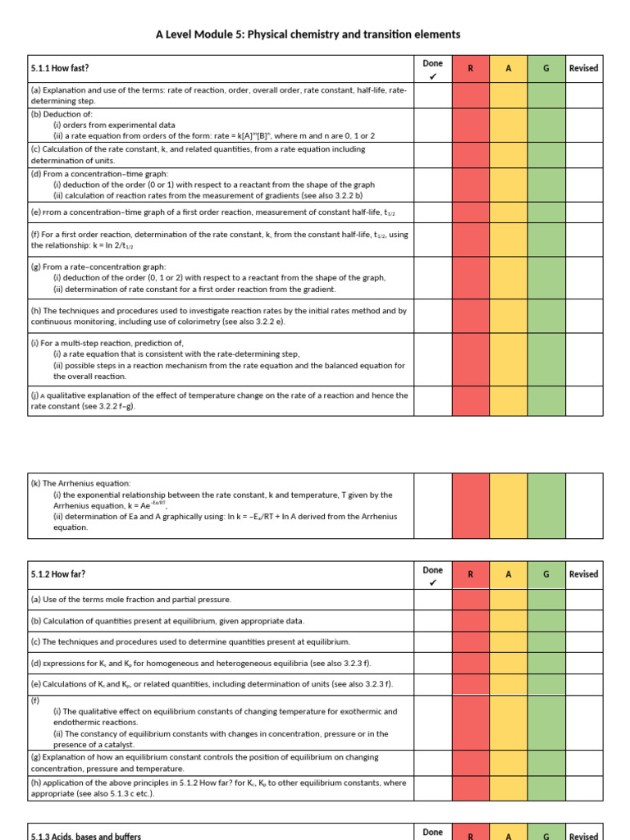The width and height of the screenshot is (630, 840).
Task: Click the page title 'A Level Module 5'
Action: [308, 34]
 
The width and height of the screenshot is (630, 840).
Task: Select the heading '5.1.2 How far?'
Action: [57, 575]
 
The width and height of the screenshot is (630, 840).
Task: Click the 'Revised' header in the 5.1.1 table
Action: [583, 69]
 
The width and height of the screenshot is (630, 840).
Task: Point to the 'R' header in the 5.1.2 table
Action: [470, 575]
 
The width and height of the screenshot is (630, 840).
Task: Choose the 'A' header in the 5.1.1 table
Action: [509, 69]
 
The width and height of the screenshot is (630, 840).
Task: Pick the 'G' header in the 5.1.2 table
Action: [546, 575]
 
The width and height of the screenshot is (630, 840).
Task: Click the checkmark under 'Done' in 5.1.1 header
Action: [432, 76]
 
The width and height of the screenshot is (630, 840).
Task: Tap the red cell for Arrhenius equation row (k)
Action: [470, 506]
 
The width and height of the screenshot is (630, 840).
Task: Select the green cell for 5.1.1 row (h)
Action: [546, 317]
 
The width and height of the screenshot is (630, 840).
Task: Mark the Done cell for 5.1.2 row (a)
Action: [432, 600]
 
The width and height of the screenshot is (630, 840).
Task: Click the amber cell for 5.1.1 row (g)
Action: [509, 277]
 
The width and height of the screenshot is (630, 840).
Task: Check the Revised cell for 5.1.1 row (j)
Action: [583, 400]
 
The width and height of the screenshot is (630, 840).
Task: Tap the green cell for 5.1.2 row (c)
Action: [546, 641]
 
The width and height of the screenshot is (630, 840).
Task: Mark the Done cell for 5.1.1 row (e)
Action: [432, 212]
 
